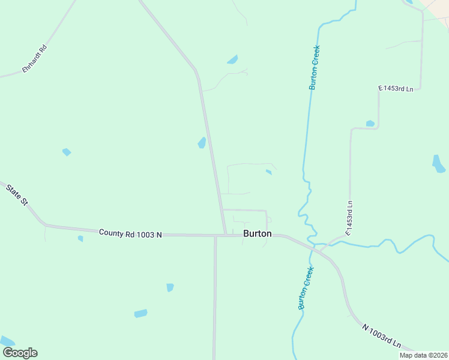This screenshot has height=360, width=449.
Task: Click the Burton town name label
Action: point(257,233)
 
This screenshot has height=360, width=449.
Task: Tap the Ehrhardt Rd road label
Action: point(35,59)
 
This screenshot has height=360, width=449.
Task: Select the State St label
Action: point(17,196)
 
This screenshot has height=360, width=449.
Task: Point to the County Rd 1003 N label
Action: point(130,233)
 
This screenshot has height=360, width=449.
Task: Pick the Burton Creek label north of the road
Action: point(314,67)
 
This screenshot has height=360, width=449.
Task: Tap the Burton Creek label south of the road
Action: point(306,288)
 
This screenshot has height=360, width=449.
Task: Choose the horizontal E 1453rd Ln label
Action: point(396,89)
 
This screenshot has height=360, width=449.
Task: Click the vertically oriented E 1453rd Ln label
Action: point(349,217)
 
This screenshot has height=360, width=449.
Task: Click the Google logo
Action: point(20,353)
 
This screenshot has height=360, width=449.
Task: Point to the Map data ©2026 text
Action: point(424,355)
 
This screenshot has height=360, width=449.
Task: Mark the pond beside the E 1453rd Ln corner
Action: point(370,124)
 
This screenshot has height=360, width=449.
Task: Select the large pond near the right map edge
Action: point(438,163)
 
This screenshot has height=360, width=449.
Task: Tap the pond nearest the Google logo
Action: point(7,341)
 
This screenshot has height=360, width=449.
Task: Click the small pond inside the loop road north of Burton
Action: point(268,172)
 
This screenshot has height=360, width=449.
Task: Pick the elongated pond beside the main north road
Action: point(202,143)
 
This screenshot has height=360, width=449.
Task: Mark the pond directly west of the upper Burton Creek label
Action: point(232,59)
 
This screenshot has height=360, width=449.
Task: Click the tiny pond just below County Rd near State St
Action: point(80,238)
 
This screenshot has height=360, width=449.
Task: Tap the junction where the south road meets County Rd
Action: point(215,235)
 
